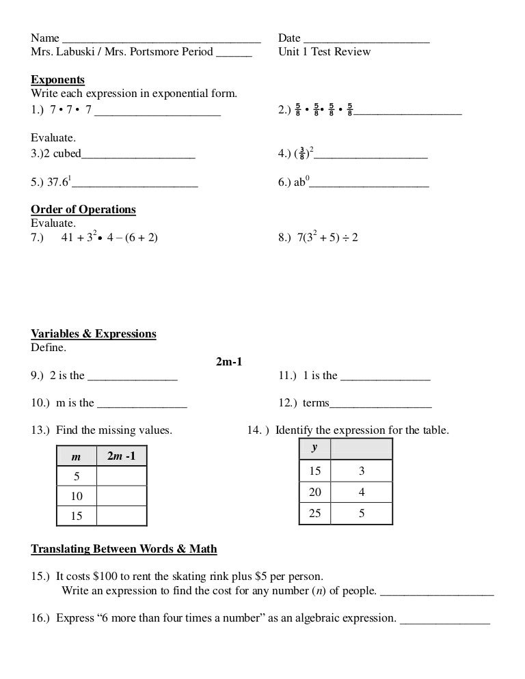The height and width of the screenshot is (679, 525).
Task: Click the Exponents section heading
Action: click(x=57, y=80)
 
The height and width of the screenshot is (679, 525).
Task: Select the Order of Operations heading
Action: click(x=83, y=210)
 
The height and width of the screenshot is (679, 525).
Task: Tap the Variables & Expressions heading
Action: click(x=94, y=334)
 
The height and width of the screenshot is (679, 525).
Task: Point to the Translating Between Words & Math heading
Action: click(x=124, y=549)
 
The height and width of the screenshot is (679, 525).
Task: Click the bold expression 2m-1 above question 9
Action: click(x=230, y=361)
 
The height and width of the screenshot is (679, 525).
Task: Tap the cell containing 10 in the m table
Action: click(x=77, y=497)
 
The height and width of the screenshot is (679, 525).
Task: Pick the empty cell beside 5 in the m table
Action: click(x=122, y=476)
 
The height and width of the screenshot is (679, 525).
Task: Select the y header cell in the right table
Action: click(x=314, y=449)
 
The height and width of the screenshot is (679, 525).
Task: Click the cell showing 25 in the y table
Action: click(x=314, y=513)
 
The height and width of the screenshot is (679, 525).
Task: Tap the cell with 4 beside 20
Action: click(x=362, y=492)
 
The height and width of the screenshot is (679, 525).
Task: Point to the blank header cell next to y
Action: click(x=362, y=449)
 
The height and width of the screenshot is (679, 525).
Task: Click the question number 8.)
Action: click(x=285, y=238)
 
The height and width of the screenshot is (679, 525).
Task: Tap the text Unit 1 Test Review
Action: click(x=325, y=52)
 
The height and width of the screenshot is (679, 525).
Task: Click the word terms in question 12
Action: click(x=316, y=403)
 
